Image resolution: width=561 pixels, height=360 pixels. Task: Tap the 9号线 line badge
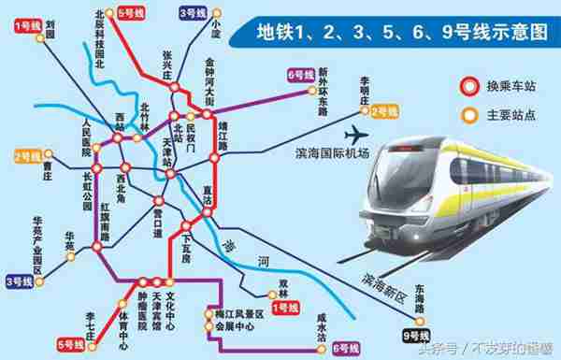click(x=413, y=335)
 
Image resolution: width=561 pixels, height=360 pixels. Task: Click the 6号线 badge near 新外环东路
click(x=301, y=74)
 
